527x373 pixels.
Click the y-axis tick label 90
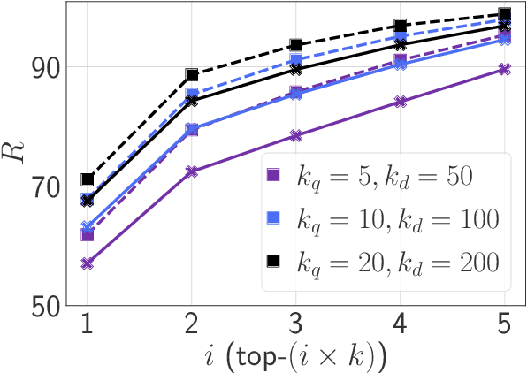(49, 67)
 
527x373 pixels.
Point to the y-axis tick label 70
(49, 186)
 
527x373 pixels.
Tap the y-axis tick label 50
(49, 306)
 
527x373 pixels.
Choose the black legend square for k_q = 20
(274, 261)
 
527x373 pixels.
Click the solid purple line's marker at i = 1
(87, 263)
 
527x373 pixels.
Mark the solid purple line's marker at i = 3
(296, 135)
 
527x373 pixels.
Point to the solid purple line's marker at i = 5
(505, 69)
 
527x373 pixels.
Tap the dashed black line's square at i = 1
(87, 179)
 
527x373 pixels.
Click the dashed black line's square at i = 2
(191, 75)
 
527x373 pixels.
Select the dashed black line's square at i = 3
(296, 45)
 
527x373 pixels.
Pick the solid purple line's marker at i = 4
(401, 102)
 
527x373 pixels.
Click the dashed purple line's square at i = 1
(87, 234)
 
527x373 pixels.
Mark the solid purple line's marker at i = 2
(191, 171)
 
